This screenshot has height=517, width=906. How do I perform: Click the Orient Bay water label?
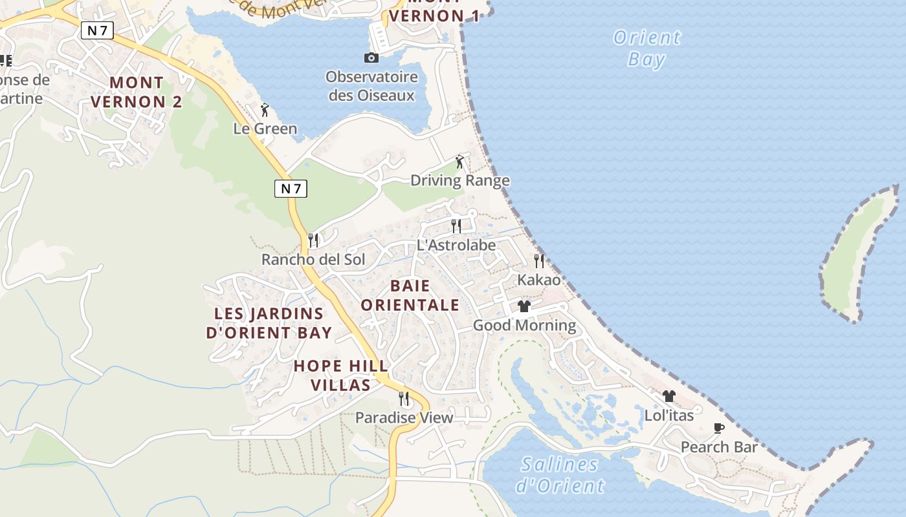(x=646, y=48)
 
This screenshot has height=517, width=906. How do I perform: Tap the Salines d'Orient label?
(x=561, y=475)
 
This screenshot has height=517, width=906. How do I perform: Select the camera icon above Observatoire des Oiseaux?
(x=371, y=58)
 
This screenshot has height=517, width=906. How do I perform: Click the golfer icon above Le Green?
(x=264, y=110)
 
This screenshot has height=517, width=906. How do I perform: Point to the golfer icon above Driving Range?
(x=459, y=162)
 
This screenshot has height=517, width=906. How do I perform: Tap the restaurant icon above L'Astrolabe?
(x=456, y=226)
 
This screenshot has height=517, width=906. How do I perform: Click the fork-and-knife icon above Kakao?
(x=538, y=261)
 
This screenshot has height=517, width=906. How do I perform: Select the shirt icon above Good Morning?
(x=524, y=306)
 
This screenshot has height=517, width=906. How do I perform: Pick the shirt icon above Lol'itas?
(x=668, y=396)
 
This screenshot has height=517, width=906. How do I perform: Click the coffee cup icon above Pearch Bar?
(x=718, y=428)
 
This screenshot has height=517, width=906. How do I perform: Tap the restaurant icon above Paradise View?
(x=404, y=398)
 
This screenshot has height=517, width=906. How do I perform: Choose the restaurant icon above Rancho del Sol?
(x=313, y=240)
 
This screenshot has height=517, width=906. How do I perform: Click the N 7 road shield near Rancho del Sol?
(x=291, y=189)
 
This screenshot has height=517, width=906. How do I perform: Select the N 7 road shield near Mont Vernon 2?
(x=97, y=30)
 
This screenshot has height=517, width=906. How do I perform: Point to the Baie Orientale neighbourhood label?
(x=410, y=295)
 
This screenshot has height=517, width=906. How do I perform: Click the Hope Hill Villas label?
(x=340, y=375)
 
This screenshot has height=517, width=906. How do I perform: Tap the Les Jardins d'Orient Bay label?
(x=269, y=323)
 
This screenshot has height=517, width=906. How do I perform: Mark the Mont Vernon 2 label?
(x=137, y=92)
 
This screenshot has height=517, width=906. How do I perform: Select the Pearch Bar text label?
(x=718, y=447)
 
